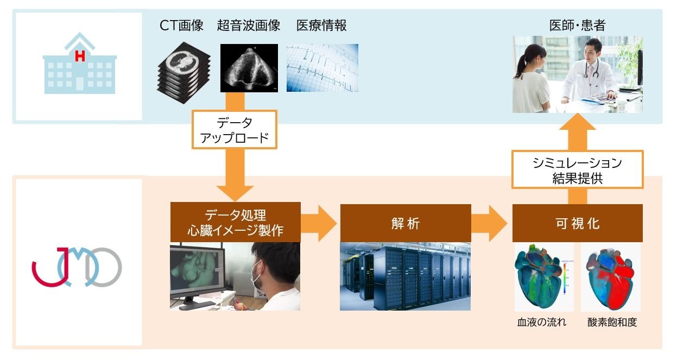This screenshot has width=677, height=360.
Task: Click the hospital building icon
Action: click(79, 64)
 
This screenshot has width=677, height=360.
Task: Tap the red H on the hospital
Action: click(80, 55)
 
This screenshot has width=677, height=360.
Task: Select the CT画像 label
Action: click(181, 25)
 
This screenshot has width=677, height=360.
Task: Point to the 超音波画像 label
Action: click(249, 25)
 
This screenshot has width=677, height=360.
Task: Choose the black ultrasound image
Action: click(249, 68)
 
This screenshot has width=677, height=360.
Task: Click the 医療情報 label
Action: click(321, 25)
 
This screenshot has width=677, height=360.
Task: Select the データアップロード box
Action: click(235, 130)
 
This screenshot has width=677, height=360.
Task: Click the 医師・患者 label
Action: click(577, 25)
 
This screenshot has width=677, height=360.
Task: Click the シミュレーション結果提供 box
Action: click(577, 170)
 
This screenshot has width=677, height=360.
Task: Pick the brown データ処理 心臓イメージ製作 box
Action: click(235, 223)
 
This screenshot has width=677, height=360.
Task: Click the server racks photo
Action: click(405, 276)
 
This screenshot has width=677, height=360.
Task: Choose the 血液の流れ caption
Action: click(541, 322)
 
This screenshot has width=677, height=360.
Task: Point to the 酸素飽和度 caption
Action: click(612, 322)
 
